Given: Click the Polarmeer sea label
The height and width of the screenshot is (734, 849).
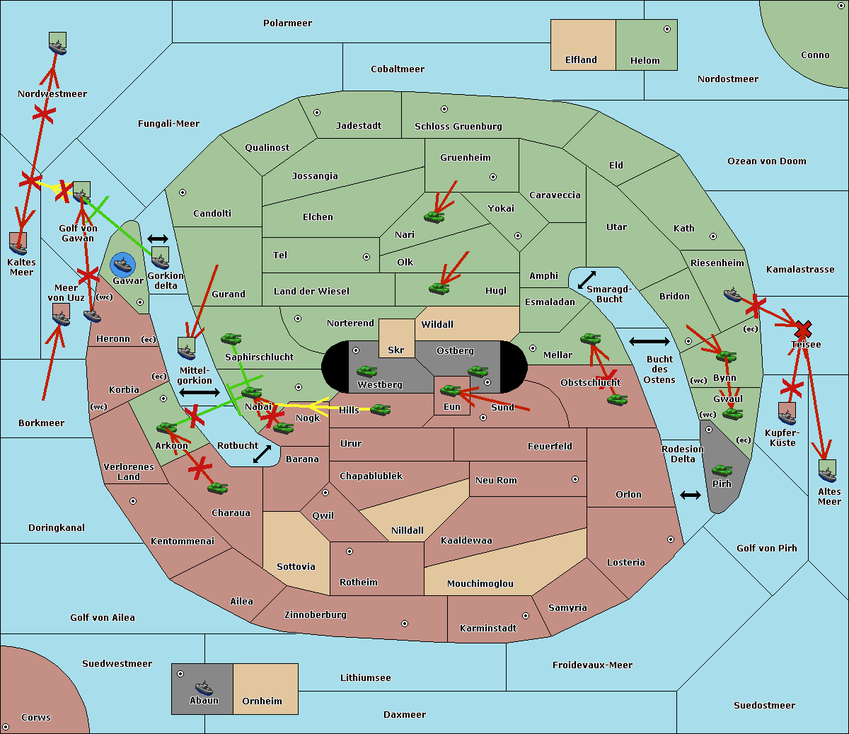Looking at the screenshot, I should tap(287, 23).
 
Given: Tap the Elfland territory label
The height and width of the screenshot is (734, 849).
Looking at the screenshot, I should tap(581, 60).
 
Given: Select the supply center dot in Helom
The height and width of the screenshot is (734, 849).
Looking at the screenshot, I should tap(666, 29).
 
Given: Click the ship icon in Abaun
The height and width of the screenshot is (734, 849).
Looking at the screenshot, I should tap(204, 687).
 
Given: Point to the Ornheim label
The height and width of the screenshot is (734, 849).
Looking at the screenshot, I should tap(262, 701).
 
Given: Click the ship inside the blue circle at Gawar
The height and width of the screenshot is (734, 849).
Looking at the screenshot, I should tap(123, 265).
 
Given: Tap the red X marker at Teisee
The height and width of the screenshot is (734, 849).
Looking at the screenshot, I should tap(802, 329).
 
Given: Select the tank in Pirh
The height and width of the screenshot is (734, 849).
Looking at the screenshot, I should tap(722, 471).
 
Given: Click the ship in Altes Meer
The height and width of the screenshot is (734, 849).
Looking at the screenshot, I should tap(827, 471).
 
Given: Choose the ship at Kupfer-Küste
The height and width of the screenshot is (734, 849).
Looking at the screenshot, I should tap(787, 414).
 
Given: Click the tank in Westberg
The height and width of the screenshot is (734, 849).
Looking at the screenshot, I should tap(366, 372).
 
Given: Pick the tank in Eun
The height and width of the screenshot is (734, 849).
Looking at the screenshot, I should tap(451, 390).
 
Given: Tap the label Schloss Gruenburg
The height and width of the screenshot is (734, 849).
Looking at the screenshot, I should tap(458, 127).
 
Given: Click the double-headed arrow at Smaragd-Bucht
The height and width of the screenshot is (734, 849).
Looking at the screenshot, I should tap(587, 280).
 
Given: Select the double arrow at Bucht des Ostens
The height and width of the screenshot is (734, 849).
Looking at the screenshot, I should tap(649, 342).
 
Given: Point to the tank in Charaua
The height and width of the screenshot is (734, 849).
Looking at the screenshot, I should tap(217, 488).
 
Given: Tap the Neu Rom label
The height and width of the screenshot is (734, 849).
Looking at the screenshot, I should tap(496, 481).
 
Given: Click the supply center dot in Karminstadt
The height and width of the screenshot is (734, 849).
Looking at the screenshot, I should tap(525, 616).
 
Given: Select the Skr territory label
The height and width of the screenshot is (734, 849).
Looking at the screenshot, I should tap(395, 350).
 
